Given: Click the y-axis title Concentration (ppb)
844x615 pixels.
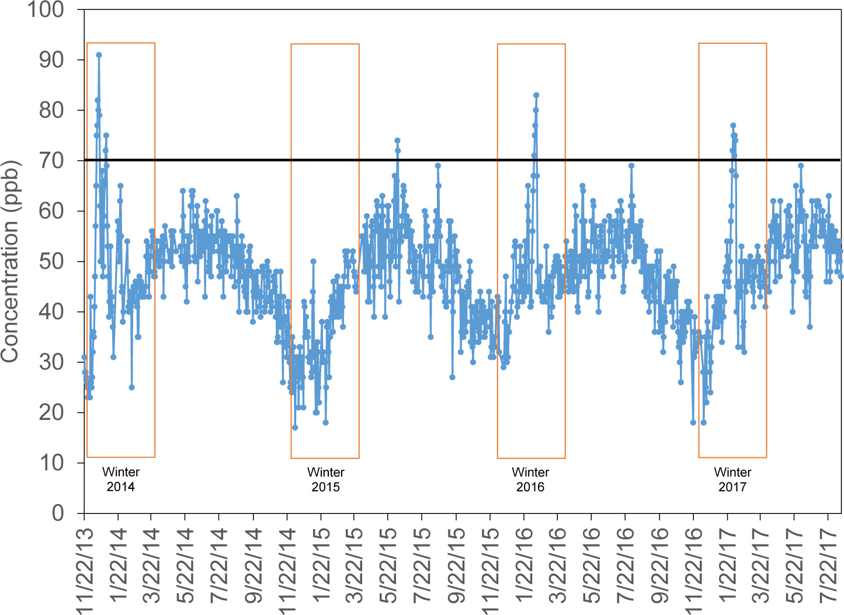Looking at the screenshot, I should (11, 261).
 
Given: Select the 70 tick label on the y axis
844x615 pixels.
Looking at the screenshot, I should (51, 161).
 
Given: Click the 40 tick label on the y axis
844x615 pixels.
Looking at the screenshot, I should (51, 312).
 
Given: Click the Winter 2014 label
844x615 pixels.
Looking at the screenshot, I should (121, 480).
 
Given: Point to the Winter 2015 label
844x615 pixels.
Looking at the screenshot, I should (326, 480).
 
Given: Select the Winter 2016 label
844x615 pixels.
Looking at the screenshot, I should (530, 480).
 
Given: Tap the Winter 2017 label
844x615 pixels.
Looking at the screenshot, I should (732, 480).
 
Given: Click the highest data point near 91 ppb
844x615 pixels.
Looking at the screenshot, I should (99, 55).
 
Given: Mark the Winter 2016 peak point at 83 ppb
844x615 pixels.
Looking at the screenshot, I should (536, 95).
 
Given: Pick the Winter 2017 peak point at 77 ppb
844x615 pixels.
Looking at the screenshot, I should (733, 126).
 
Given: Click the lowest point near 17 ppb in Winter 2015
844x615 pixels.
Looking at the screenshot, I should (295, 428).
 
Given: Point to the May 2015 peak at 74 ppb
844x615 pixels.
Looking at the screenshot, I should (397, 140).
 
